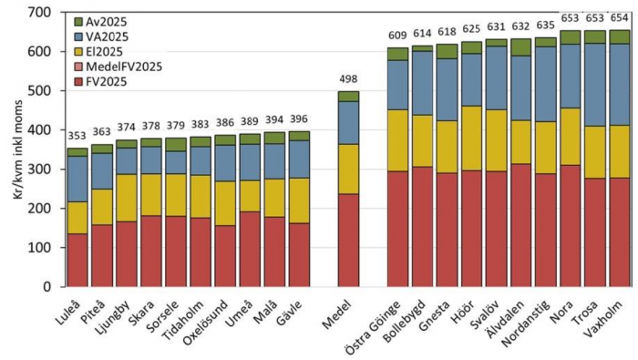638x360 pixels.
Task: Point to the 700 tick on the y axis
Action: pos(41,13)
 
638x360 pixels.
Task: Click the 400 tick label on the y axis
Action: pos(41,130)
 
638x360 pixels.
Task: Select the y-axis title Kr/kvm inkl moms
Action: pos(12,150)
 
